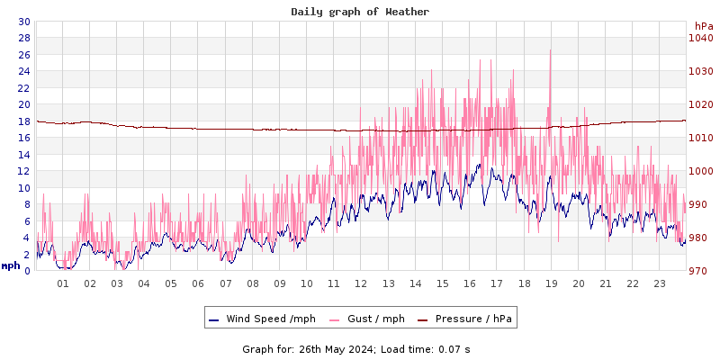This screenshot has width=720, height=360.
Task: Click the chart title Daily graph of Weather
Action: pyautogui.click(x=360, y=12)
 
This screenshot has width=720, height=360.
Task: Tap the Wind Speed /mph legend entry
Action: pyautogui.click(x=270, y=319)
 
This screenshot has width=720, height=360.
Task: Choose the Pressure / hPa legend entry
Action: pyautogui.click(x=472, y=319)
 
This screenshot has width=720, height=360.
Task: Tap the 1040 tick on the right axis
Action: pyautogui.click(x=700, y=38)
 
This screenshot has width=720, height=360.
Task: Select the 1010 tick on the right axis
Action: pyautogui.click(x=700, y=138)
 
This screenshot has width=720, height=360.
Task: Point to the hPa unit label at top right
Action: pyautogui.click(x=703, y=26)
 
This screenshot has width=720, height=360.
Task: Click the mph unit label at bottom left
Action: pyautogui.click(x=10, y=265)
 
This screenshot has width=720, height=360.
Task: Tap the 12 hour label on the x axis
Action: pyautogui.click(x=361, y=283)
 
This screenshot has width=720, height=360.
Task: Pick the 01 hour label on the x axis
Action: pyautogui.click(x=63, y=283)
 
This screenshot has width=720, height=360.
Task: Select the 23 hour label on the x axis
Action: pyautogui.click(x=659, y=283)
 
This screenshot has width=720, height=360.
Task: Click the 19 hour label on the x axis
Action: pyautogui.click(x=551, y=283)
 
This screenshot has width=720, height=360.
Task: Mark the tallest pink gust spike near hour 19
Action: pyautogui.click(x=550, y=52)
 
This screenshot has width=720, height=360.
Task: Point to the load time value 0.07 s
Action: pyautogui.click(x=454, y=348)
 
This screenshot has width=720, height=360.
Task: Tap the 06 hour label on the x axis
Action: pyautogui.click(x=198, y=283)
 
